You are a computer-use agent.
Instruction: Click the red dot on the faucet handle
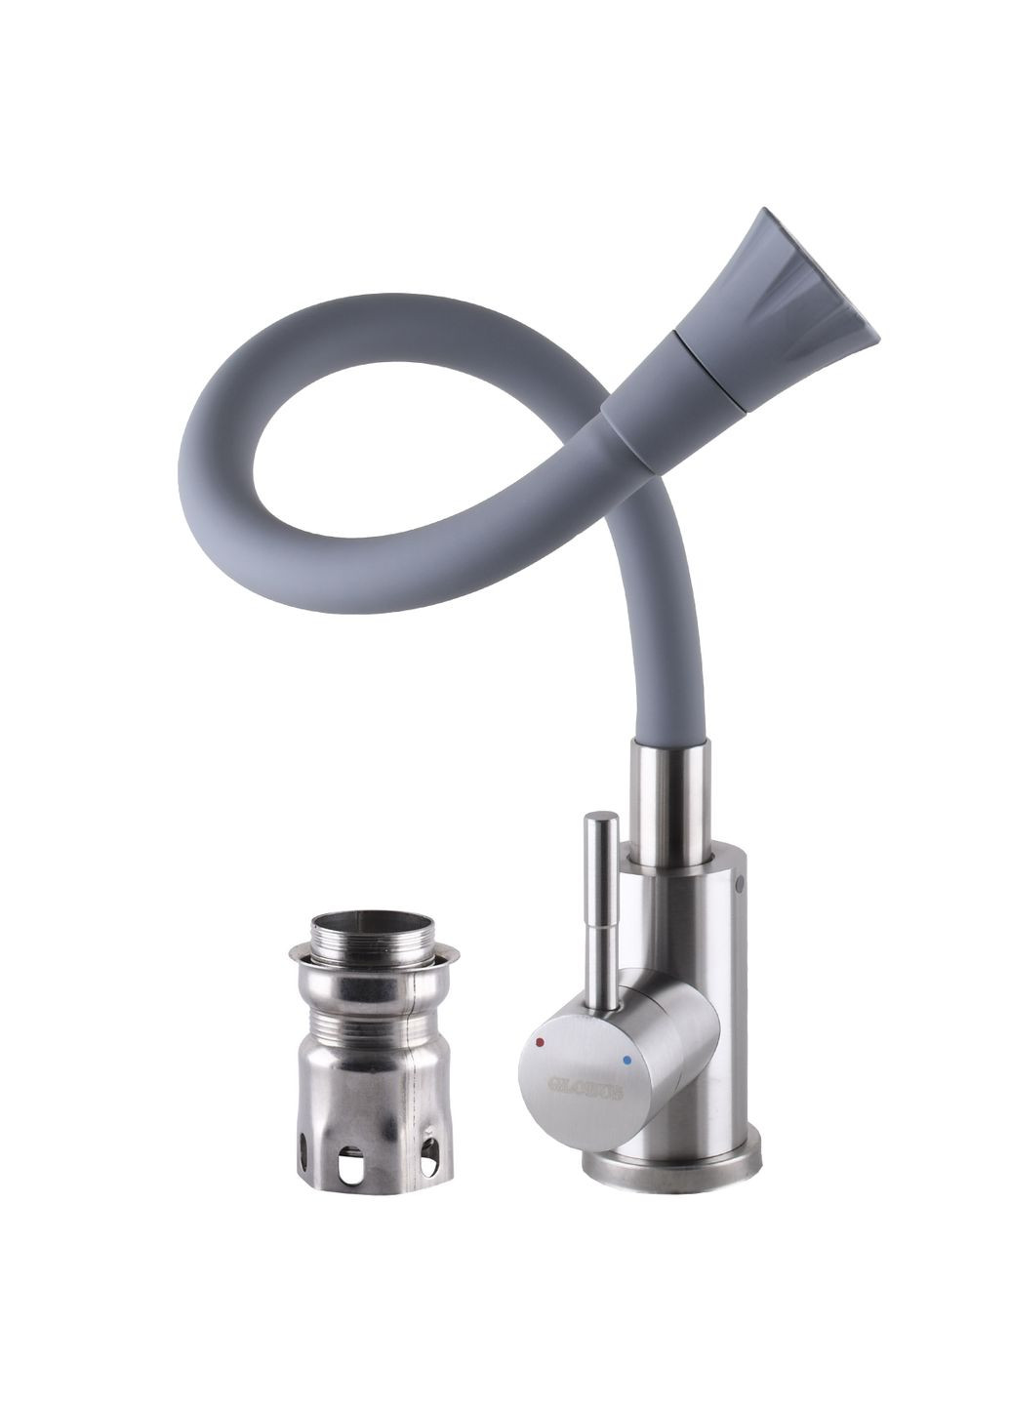click(x=540, y=1045)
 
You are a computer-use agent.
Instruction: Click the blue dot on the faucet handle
click(x=626, y=1059)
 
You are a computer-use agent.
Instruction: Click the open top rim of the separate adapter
click(x=372, y=921)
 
